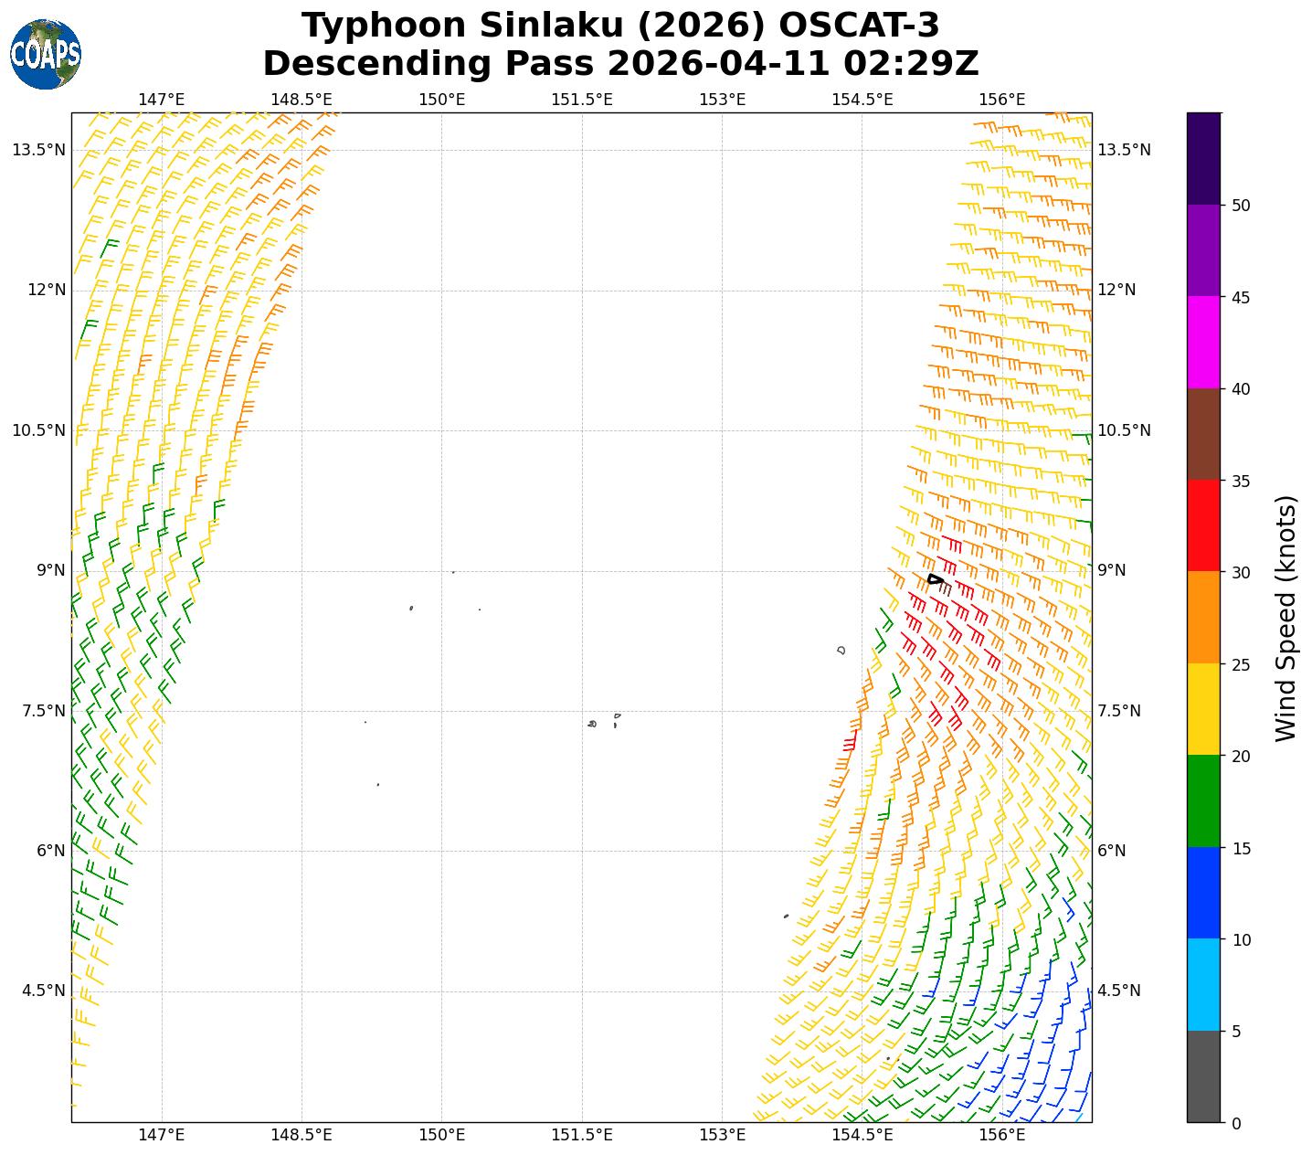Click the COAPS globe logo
[46, 54]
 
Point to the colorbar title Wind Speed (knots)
[1286, 619]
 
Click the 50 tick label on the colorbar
[1241, 206]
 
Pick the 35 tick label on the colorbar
[1241, 481]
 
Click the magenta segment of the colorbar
[1202, 342]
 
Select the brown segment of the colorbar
[1202, 434]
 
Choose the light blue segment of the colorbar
[1202, 985]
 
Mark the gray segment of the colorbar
[1202, 1076]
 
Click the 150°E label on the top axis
[442, 100]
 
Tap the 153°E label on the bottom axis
[722, 1135]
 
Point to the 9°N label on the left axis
[50, 571]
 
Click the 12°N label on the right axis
[1116, 291]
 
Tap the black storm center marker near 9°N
[935, 579]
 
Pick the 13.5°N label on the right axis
[1124, 150]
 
